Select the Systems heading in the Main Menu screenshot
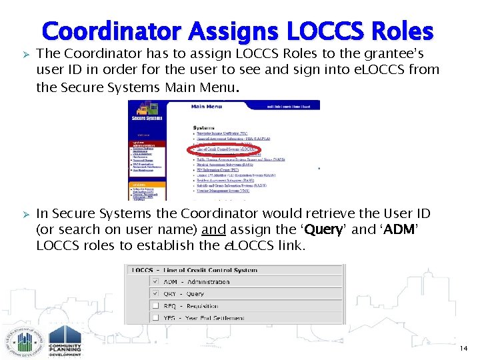tap(203, 127)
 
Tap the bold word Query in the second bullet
tap(323, 229)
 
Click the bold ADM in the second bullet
tap(401, 229)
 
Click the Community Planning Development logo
tap(65, 341)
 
